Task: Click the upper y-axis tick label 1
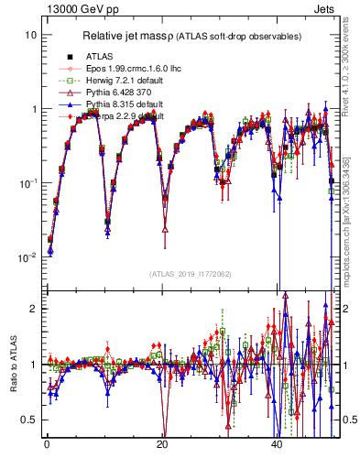coord(34,109)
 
